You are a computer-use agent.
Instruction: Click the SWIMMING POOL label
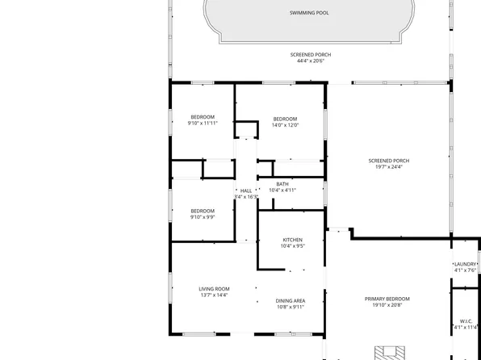pos(311,13)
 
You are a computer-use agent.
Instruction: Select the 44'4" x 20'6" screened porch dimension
pos(311,61)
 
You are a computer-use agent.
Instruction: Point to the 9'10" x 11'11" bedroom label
pos(203,117)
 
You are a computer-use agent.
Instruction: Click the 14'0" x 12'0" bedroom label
pos(285,117)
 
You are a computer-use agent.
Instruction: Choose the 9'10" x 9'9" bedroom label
pos(203,211)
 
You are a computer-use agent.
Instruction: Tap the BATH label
pos(282,184)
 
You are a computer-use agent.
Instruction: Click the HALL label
pos(246,190)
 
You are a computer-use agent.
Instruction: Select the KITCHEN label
pos(292,240)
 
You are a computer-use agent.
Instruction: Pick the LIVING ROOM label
pos(214,288)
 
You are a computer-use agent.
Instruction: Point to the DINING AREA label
pos(290,300)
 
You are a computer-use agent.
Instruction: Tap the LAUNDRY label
pos(465,264)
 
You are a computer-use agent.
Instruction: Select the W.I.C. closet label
pos(465,320)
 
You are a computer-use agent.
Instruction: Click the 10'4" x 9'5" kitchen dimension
pos(292,246)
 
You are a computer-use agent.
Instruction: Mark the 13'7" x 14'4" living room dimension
pos(214,295)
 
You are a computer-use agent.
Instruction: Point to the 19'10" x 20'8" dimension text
pos(387,305)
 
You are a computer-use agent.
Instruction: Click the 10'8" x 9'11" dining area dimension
pos(290,307)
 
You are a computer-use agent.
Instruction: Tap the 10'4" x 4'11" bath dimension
pos(282,190)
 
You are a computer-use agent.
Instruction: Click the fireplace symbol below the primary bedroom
pos(388,353)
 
